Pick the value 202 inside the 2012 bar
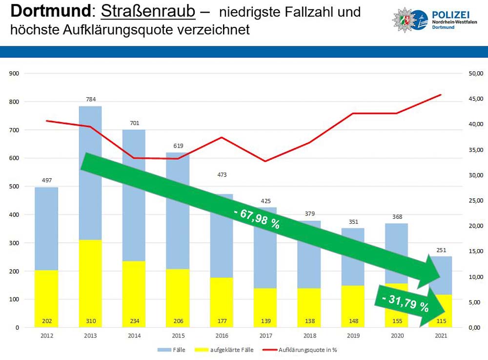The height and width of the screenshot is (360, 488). [x=47, y=322]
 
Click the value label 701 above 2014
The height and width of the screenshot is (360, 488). [x=134, y=123]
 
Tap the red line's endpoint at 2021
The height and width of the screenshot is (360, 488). [x=441, y=95]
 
